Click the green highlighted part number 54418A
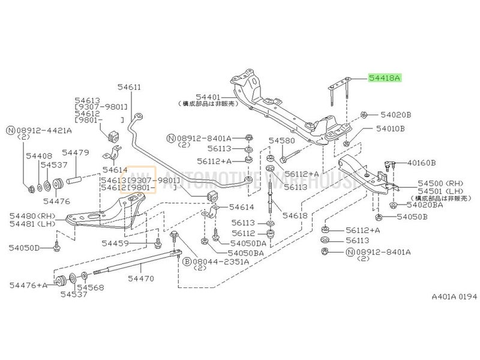(384, 78)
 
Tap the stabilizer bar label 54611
(128, 88)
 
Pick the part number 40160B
(421, 162)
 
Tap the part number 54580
(280, 142)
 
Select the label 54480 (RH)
(32, 215)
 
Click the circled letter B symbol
(187, 262)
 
